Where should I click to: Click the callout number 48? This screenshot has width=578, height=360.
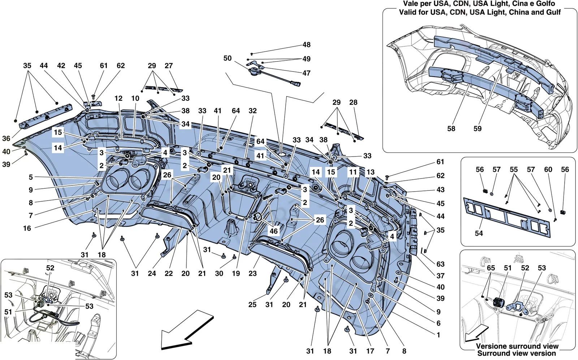pos(306,45)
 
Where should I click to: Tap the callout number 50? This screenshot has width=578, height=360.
pos(227,58)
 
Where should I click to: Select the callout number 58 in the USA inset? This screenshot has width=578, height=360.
pos(451,129)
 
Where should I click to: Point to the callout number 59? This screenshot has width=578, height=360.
pos(477,129)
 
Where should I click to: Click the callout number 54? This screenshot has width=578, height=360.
pos(479,233)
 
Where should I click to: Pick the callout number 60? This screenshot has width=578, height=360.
pos(548,170)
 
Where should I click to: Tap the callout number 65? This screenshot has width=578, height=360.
pos(491,268)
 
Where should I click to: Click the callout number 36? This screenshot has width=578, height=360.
pos(6,138)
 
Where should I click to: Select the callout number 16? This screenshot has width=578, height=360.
pos(27,228)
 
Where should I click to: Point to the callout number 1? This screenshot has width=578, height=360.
pos(438,335)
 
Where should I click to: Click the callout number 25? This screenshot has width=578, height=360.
pos(253,305)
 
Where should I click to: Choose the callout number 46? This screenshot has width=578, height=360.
pos(273,231)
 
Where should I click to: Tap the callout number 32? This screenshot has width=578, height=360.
pos(253,111)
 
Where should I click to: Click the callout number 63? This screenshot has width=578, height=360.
pos(440,264)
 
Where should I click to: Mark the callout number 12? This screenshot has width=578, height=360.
pos(118,98)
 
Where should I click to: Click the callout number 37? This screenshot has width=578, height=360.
pos(440,276)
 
